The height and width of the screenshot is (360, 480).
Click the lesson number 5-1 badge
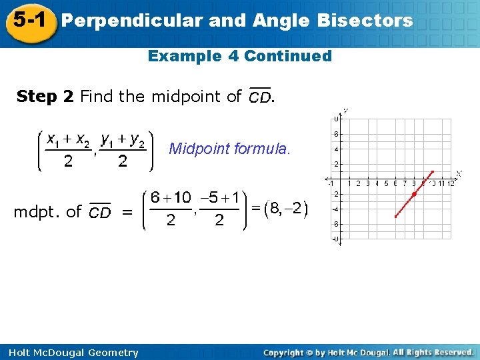click(28, 21)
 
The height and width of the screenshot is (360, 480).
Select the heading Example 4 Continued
click(239, 56)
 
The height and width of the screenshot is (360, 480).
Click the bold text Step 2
click(45, 97)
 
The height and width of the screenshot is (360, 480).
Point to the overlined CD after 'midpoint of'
click(259, 97)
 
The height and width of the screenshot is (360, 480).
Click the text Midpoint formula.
click(230, 148)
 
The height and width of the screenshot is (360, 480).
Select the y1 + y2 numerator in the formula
click(123, 139)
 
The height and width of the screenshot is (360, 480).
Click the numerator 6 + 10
click(171, 198)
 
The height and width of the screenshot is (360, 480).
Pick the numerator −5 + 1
click(219, 198)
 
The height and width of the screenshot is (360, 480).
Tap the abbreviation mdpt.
click(39, 212)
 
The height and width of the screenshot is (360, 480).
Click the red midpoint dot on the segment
click(414, 194)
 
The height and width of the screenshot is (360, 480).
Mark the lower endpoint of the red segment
click(395, 217)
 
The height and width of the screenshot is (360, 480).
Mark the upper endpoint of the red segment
click(433, 171)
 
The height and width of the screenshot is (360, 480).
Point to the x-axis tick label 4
click(377, 183)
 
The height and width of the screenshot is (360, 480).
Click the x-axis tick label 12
click(451, 183)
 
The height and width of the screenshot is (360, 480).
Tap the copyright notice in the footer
click(369, 352)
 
